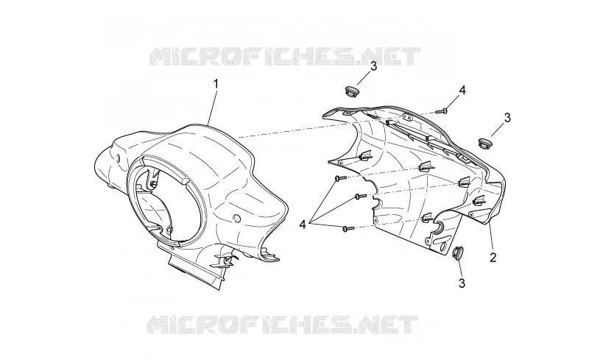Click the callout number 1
pos(216,84)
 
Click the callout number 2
pos(493,257)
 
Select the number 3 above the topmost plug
pos(373,66)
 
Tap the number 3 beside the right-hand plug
pos(507,118)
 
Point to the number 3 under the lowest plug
pos(462,283)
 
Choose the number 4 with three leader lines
pos(303,225)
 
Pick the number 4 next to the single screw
pos(462,91)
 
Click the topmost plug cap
pos(352,91)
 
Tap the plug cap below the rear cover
pos(458,253)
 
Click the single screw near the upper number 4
pos(442,111)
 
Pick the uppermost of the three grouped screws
pos(342,178)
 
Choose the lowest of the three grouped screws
pos(348,227)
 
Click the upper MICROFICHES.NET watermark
pos(286,57)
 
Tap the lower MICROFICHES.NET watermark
pos(283,325)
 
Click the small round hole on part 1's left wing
pos(119,158)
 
